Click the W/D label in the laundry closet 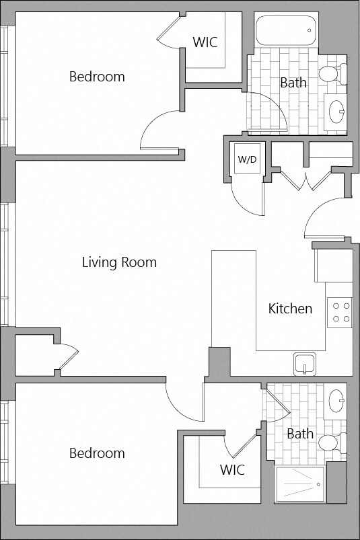pos(248,159)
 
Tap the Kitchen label pos(290,309)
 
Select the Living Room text pos(119,262)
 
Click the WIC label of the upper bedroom pos(205,42)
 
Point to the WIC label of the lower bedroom pos(232,470)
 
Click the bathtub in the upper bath pos(286,30)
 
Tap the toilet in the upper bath pos(332,73)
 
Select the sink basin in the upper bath pos(336,111)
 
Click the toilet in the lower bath pos(332,442)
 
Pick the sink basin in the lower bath pos(336,401)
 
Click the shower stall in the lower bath pos(300,484)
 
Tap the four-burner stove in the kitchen pos(340,312)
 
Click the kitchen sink pos(305,364)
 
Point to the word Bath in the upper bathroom pos(293,83)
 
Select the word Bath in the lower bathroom pos(300,434)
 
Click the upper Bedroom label pos(97,77)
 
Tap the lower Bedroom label pos(97,453)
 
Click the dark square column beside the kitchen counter pos(220,362)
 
